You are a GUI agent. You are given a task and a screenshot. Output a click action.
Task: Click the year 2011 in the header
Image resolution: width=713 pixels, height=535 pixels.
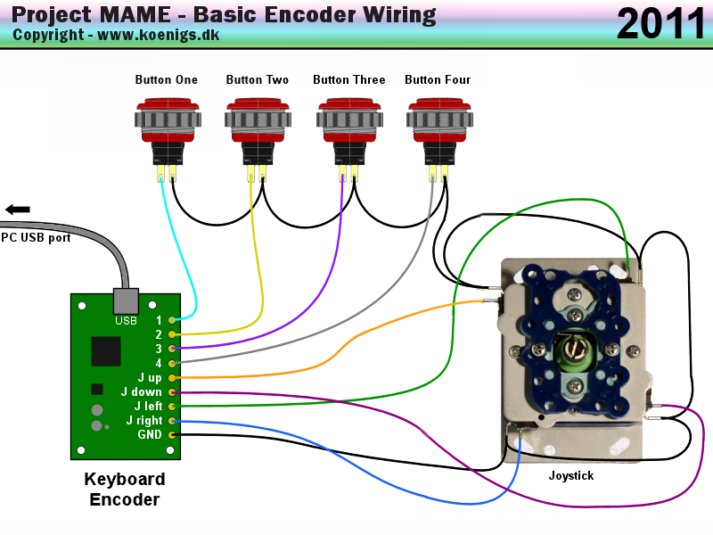pos(660,23)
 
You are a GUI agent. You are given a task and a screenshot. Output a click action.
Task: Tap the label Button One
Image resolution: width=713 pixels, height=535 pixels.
pos(167,80)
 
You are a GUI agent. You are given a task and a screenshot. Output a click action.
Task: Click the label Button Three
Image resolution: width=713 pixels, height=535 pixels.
pos(349,80)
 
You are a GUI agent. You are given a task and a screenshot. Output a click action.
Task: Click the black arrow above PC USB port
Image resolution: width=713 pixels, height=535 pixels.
pos(17,209)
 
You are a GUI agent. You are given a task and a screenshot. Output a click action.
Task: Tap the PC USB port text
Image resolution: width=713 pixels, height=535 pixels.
pos(36,237)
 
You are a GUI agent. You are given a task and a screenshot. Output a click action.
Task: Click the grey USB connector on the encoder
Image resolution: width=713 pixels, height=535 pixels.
pos(125,300)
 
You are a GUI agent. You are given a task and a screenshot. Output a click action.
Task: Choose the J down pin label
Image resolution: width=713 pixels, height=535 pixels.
pos(142,391)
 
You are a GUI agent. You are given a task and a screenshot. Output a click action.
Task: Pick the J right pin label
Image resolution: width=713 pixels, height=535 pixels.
pos(144,420)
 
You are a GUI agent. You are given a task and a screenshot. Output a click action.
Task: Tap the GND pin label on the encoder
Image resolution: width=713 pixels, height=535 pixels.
pos(150,434)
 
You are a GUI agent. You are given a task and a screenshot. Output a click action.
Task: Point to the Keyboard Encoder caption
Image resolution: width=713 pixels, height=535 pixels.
pos(125,489)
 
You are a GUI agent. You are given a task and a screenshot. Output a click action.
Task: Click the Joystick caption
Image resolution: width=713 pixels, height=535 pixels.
pos(571,476)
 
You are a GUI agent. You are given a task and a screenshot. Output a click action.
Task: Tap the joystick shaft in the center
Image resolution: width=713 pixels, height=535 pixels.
pos(575,348)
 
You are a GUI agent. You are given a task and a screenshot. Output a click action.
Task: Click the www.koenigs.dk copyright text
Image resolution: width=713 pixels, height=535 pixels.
pos(158,36)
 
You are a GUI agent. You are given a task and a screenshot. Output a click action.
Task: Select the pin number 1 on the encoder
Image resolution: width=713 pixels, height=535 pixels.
pos(159,319)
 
